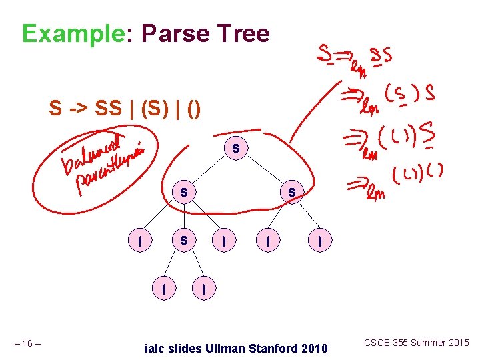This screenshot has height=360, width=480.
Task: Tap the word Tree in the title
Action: (247, 33)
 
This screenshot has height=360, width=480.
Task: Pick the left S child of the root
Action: (183, 192)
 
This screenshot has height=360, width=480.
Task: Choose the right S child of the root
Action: (291, 192)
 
